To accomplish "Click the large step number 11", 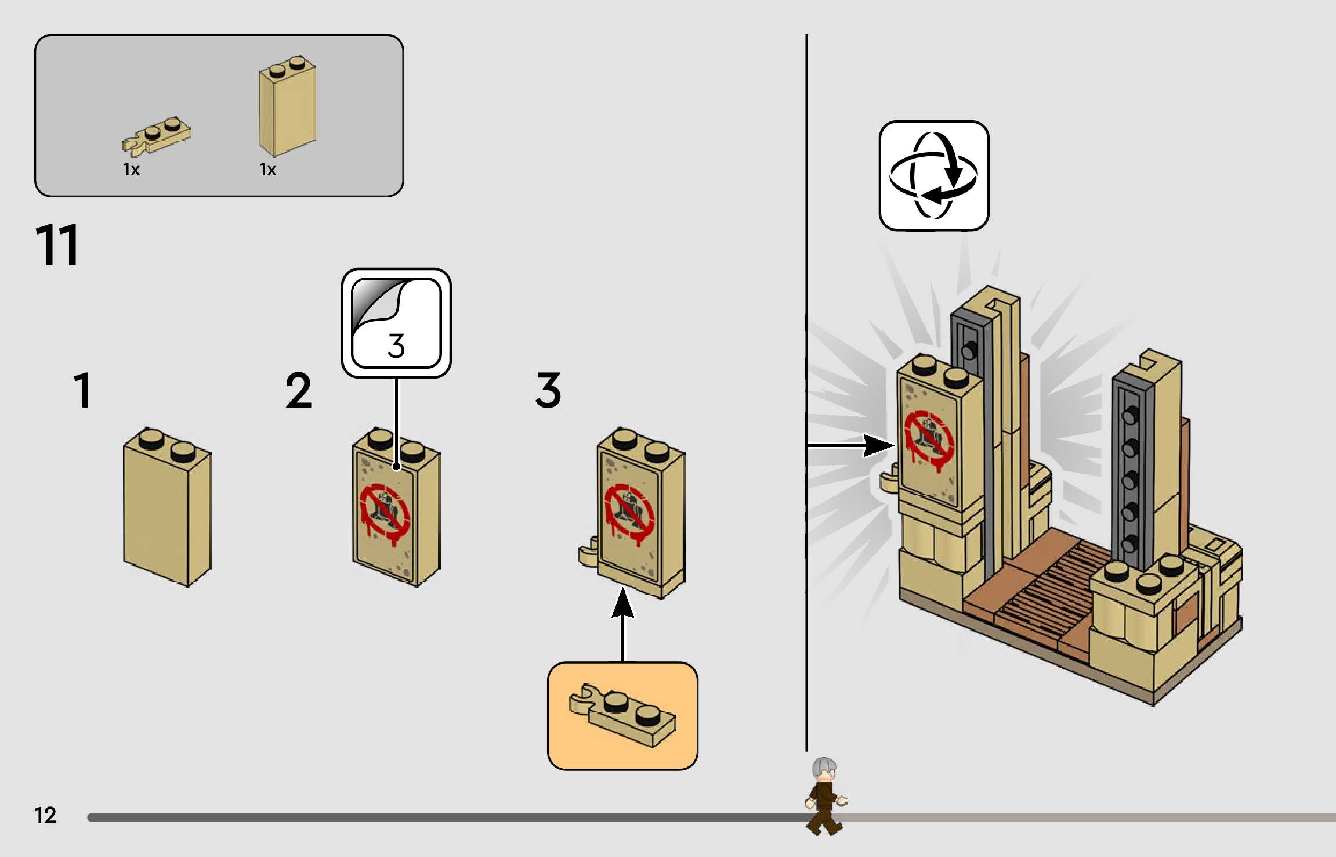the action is tap(57, 246).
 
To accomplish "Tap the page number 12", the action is tap(45, 815).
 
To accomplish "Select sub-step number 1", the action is tap(83, 390).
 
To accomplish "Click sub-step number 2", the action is tap(298, 390).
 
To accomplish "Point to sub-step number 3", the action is tap(548, 390).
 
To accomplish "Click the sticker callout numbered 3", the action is tap(396, 323).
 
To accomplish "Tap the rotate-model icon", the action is tap(933, 175).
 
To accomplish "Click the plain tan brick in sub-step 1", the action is tap(167, 508).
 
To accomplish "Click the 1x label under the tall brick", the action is tap(267, 170).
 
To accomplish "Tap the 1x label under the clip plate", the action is tap(131, 170).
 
